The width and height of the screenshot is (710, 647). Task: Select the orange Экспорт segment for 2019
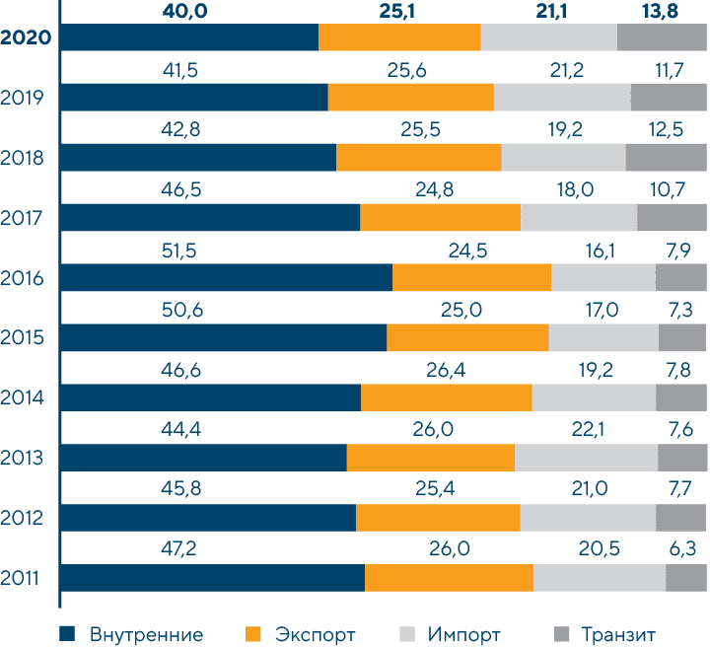coord(410,98)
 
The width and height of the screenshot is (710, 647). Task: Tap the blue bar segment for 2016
coord(227,278)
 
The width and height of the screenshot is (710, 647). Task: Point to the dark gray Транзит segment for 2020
coord(662,37)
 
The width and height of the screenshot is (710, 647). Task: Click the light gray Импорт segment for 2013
coord(586,458)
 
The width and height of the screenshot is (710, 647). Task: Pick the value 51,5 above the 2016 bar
coord(178,251)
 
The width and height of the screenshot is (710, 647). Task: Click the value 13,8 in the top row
coord(661,11)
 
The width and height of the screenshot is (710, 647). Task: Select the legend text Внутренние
coord(146,633)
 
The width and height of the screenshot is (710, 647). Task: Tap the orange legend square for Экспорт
coord(252,633)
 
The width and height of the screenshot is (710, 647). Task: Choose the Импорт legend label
coord(464,633)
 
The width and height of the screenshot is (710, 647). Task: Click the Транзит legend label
coord(618,633)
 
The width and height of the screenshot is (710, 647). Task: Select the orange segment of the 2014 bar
coord(446,397)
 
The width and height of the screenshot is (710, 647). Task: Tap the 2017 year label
coord(27,217)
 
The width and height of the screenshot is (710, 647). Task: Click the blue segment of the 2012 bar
coord(208,518)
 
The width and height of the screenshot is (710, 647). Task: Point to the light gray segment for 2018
coord(563,158)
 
